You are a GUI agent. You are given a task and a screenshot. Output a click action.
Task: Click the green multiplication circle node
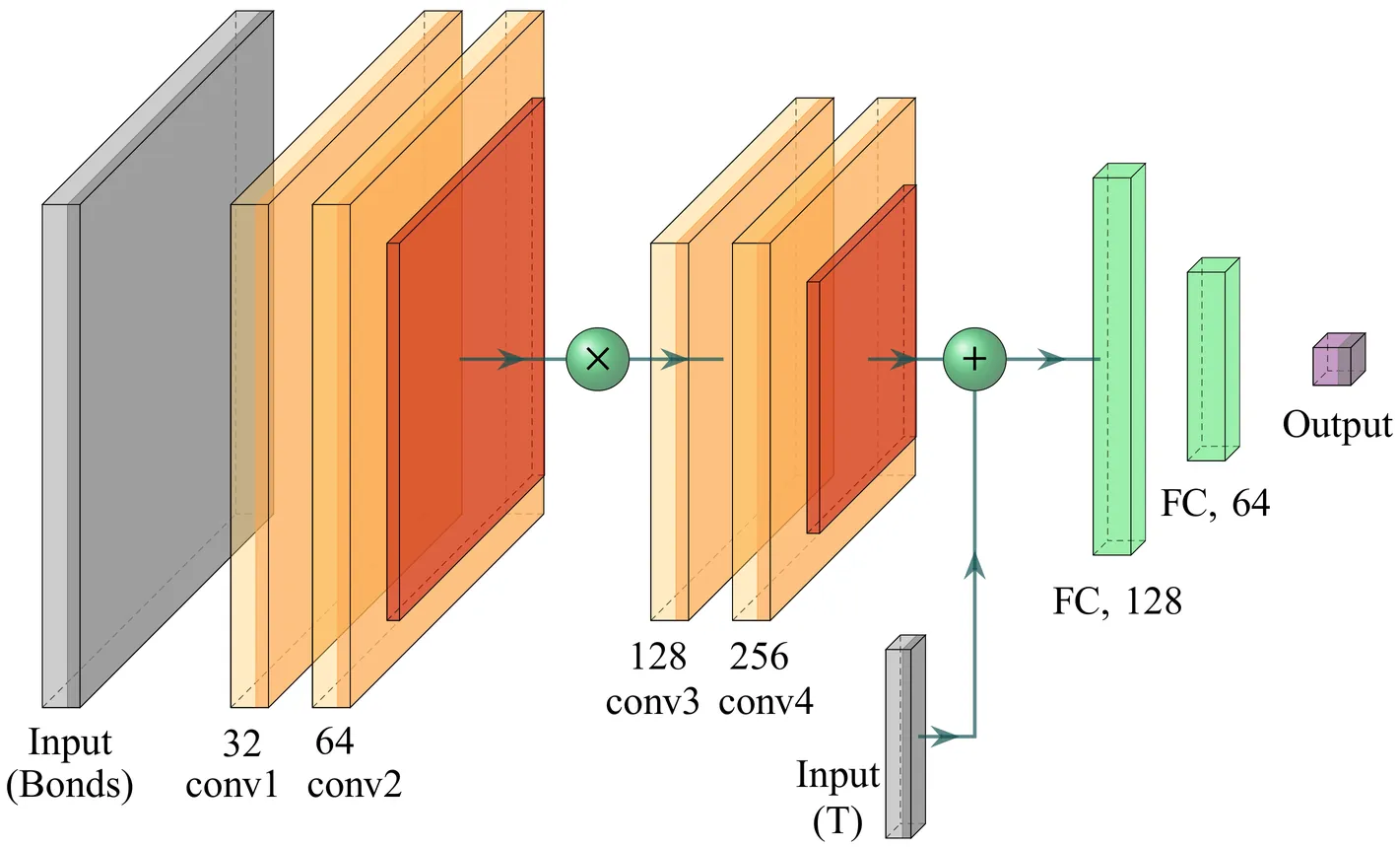click(x=597, y=359)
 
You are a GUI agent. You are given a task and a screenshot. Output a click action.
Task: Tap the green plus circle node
click(x=973, y=359)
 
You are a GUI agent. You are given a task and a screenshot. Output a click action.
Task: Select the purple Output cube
click(x=1338, y=360)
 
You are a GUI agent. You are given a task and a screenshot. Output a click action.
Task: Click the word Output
click(x=1337, y=425)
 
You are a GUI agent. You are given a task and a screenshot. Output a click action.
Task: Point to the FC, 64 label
click(x=1215, y=504)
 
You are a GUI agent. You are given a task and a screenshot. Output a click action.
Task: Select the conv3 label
click(x=652, y=702)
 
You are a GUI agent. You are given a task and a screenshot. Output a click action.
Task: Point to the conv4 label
click(x=766, y=702)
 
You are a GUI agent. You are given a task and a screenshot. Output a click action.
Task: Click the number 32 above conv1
click(x=240, y=743)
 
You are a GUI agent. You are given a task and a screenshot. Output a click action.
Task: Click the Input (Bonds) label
click(x=70, y=764)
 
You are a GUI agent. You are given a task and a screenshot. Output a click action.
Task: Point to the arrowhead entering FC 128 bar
click(x=1052, y=359)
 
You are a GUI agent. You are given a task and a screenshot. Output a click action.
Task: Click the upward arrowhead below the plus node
click(x=974, y=564)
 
